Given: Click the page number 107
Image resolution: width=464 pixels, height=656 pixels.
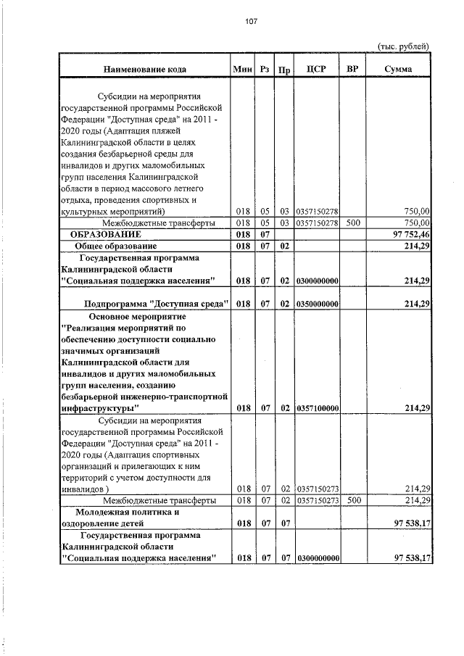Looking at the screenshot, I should [x=251, y=21].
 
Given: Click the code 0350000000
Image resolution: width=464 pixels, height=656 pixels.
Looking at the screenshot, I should [x=318, y=303].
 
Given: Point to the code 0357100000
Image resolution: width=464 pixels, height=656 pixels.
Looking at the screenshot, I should [x=318, y=408].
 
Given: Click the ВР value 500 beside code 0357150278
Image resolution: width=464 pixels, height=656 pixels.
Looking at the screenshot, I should [x=353, y=223].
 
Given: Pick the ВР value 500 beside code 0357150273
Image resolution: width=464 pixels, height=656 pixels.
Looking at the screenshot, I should [x=353, y=500].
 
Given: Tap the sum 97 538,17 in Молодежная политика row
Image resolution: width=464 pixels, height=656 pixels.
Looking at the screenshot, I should [x=411, y=522].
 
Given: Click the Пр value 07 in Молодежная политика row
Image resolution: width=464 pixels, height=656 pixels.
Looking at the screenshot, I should [x=285, y=522].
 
